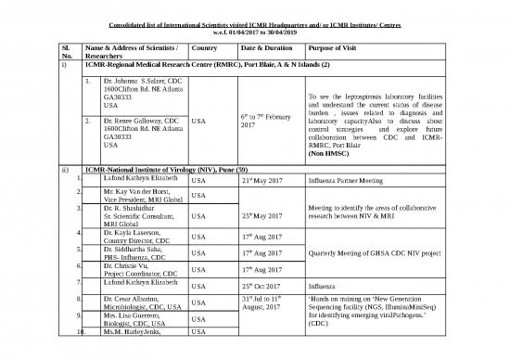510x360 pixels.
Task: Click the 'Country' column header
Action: [203, 46]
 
